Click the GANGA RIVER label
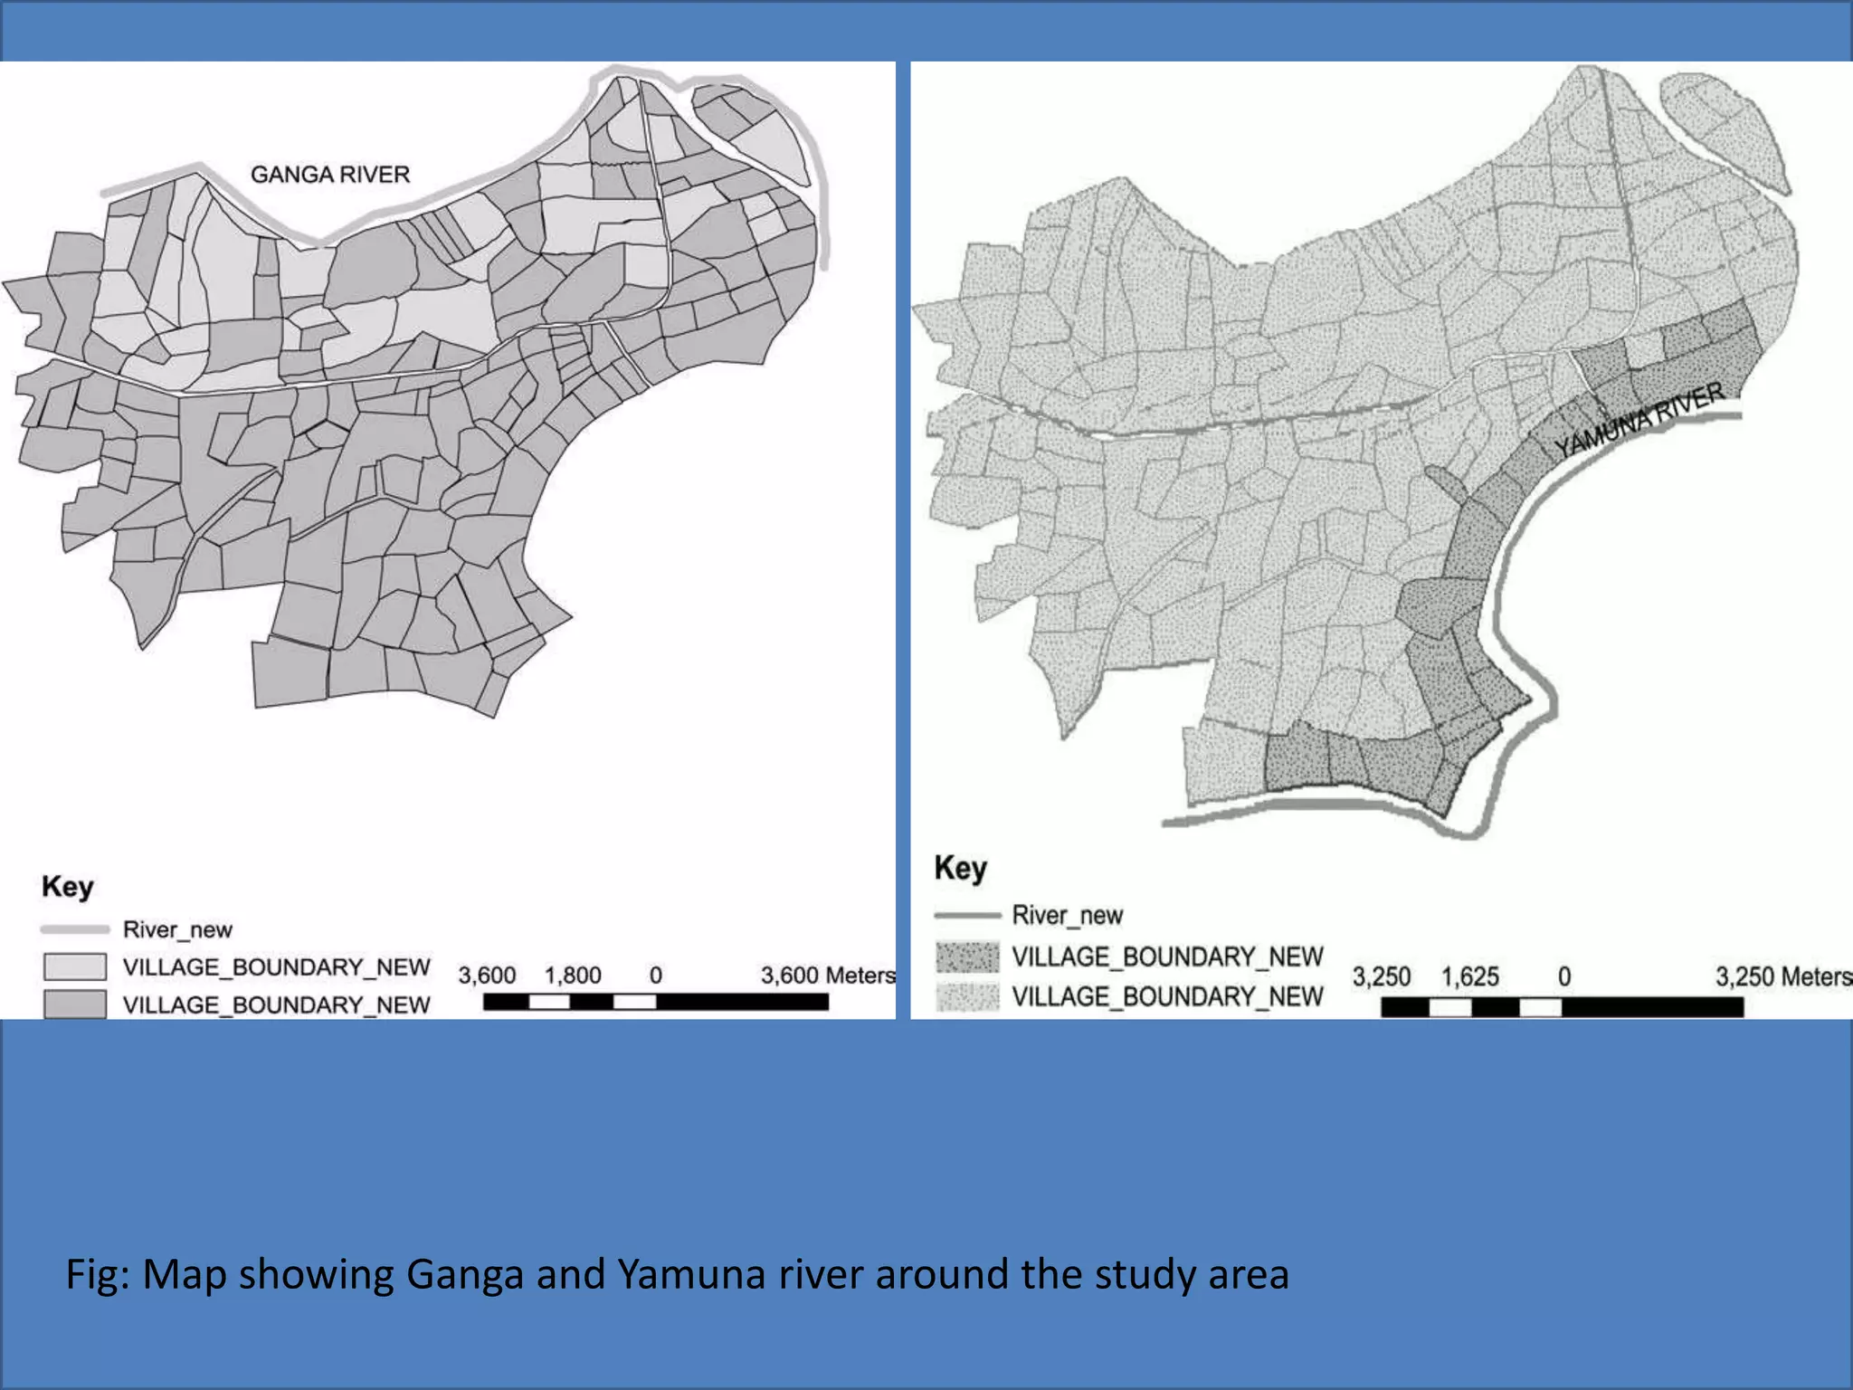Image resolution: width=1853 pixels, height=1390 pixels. click(x=329, y=174)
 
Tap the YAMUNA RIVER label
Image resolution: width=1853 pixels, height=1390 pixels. click(x=1639, y=420)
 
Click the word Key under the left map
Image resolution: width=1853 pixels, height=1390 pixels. click(x=67, y=887)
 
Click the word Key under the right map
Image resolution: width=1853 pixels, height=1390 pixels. click(x=960, y=868)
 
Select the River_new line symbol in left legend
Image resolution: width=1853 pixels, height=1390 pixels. click(x=74, y=929)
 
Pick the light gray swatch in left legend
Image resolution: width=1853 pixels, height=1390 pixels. click(x=74, y=966)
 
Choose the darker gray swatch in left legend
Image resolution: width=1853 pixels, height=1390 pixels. click(x=74, y=1004)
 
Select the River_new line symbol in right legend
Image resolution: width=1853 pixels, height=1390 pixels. click(x=966, y=916)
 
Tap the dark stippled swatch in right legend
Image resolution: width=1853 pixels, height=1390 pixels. click(x=967, y=957)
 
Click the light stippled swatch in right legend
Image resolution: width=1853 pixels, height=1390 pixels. click(x=967, y=996)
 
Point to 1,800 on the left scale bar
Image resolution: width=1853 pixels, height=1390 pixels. click(x=572, y=976)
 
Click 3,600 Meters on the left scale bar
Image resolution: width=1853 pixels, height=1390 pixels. click(x=827, y=976)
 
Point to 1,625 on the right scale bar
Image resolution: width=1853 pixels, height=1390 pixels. click(x=1469, y=977)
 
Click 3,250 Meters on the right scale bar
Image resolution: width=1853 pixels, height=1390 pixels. click(x=1782, y=977)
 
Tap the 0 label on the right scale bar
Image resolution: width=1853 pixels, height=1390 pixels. click(x=1564, y=977)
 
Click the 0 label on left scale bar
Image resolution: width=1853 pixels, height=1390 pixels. click(x=656, y=976)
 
